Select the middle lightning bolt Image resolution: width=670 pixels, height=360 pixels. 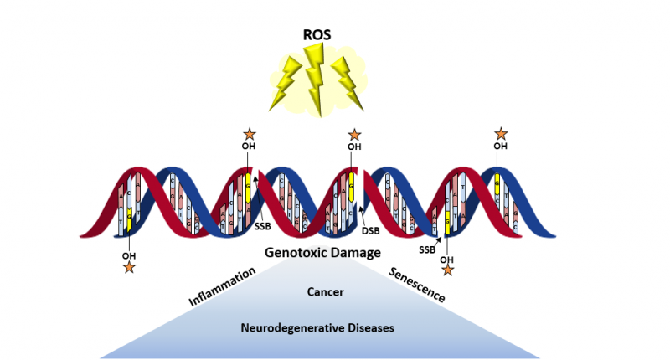coord(316,84)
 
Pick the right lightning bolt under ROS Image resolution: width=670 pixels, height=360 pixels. coord(347,81)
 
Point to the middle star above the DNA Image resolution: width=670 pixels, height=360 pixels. coord(354,134)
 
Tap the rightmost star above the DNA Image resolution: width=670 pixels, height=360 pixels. coord(501,133)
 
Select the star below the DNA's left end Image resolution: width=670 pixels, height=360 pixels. coord(128,267)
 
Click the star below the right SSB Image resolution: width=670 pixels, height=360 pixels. coord(447,270)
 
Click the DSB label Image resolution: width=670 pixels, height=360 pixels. coord(372,230)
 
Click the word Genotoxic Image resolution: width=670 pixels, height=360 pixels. coord(294,251)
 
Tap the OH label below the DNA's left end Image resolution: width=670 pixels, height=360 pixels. coord(128,255)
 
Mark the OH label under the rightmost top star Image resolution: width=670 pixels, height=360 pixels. coord(501,147)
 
